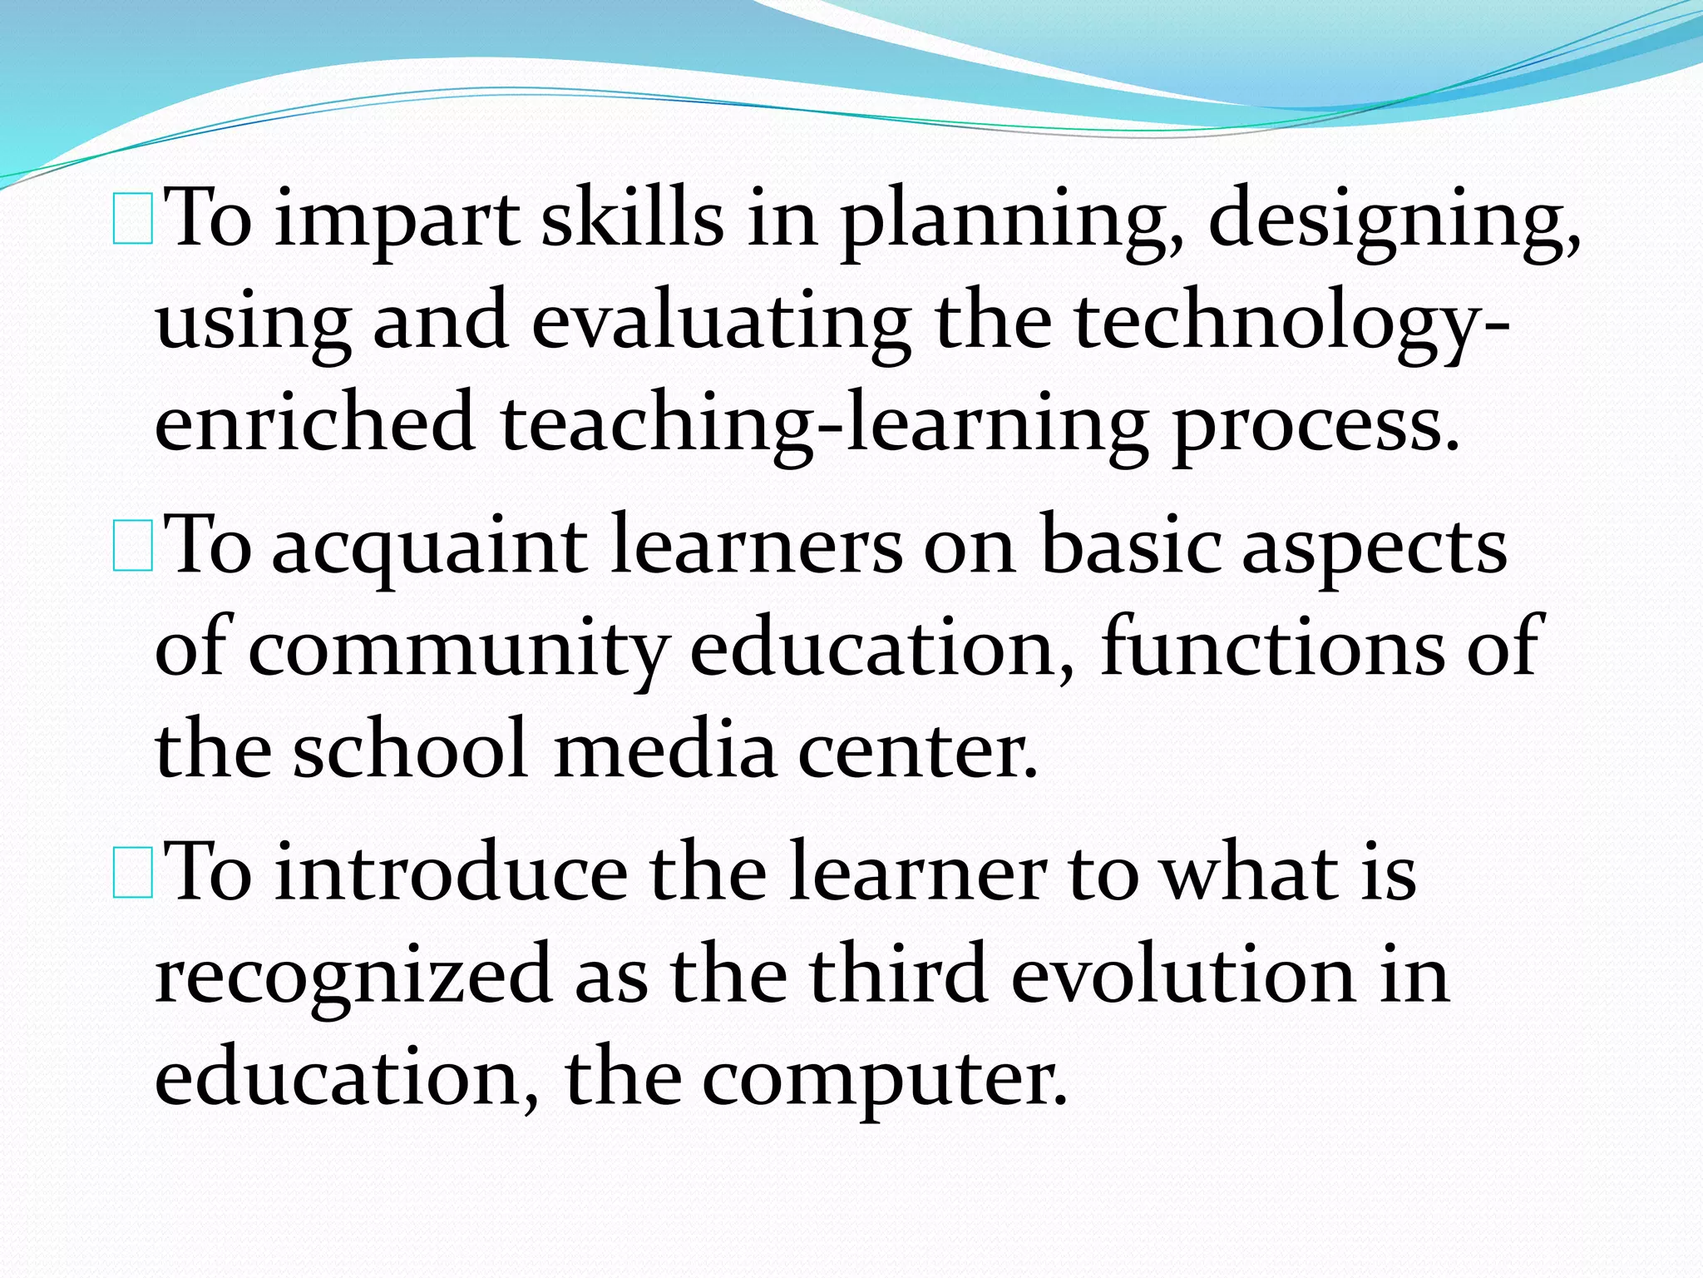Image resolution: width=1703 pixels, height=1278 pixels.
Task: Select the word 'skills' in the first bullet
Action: point(632,218)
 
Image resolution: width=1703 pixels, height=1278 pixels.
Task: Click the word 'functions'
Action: point(1272,647)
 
